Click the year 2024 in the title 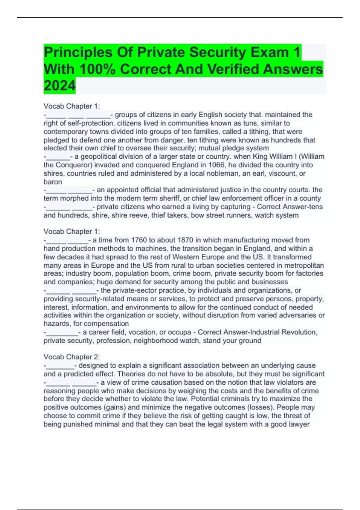59,86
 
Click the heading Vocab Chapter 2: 72,357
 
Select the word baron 53,182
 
